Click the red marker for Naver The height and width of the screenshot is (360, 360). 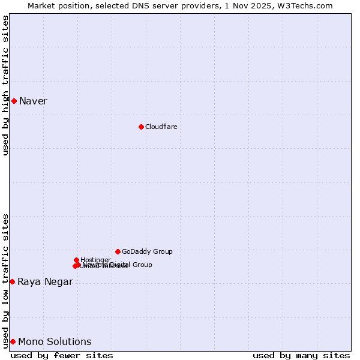click(14, 101)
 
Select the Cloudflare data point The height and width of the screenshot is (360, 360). click(141, 127)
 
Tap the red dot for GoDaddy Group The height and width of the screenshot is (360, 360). click(118, 251)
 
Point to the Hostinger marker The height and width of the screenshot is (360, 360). click(76, 260)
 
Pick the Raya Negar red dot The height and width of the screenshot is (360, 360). click(12, 281)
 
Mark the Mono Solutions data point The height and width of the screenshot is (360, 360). click(13, 341)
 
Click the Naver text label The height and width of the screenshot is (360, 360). click(33, 101)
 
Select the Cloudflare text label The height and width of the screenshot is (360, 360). click(161, 127)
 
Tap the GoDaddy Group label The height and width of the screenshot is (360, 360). click(147, 251)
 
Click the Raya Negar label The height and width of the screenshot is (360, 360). click(45, 282)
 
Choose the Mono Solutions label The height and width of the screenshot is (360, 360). click(55, 342)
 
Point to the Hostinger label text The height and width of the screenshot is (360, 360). click(95, 260)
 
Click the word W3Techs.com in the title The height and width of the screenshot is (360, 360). click(308, 5)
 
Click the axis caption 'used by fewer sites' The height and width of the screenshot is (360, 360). click(62, 355)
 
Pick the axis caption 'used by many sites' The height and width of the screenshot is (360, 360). click(301, 355)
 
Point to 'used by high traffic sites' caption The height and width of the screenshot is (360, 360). click(5, 85)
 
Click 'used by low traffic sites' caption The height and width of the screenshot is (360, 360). click(5, 281)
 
